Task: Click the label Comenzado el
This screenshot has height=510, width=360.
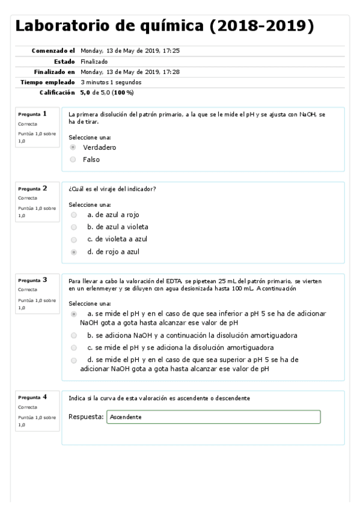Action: (x=53, y=51)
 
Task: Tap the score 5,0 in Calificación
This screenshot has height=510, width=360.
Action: (x=85, y=93)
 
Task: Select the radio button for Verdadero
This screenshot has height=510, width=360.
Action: (x=73, y=147)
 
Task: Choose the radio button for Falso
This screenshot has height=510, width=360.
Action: (x=73, y=159)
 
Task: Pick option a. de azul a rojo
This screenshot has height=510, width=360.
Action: (x=73, y=214)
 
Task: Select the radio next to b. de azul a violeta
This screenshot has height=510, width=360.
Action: (x=73, y=227)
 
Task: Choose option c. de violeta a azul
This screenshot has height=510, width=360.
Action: (x=73, y=239)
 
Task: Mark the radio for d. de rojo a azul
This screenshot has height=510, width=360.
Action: (x=73, y=252)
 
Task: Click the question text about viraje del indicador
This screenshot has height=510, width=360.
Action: (x=112, y=189)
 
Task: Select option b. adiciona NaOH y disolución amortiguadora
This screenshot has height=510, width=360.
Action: (x=73, y=335)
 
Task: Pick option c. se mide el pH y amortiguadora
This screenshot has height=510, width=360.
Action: (x=73, y=348)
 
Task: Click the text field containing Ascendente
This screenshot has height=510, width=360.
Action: (x=213, y=417)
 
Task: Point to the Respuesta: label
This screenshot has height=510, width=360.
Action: (x=86, y=417)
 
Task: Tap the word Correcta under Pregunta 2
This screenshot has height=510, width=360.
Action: (x=26, y=197)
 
